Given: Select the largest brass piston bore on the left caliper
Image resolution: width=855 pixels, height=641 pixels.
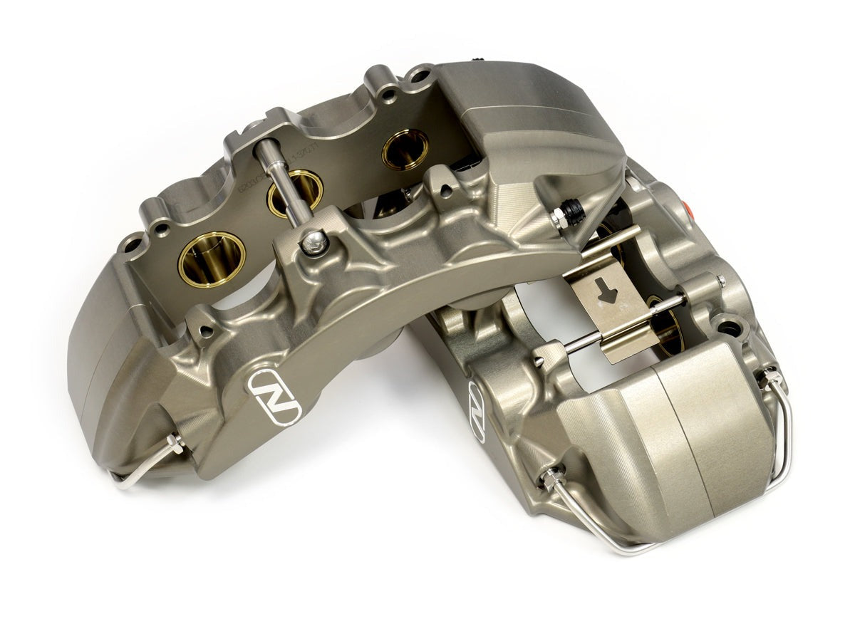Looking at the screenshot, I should pos(212,259).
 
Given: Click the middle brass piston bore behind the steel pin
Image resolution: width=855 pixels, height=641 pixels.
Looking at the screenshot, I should pos(295,192).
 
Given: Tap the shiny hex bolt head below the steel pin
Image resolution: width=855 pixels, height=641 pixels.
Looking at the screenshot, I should pos(313,244).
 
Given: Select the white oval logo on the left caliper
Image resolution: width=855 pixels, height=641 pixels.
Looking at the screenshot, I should pos(276,398).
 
